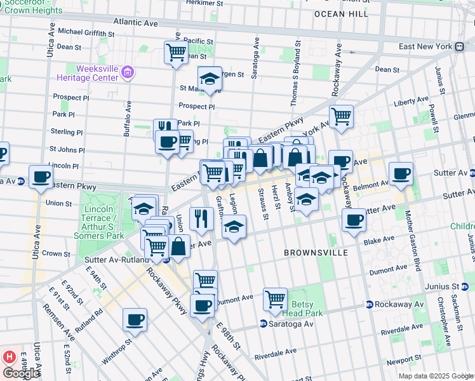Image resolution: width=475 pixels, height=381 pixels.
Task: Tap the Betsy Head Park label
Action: pyautogui.click(x=307, y=309)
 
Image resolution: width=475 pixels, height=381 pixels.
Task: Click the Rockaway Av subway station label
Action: pyautogui.click(x=398, y=305)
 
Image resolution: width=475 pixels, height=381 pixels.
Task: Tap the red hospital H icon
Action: pyautogui.click(x=9, y=357)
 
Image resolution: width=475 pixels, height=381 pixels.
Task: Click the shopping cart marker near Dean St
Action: pyautogui.click(x=176, y=52)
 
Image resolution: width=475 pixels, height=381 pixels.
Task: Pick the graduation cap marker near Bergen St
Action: pyautogui.click(x=210, y=79)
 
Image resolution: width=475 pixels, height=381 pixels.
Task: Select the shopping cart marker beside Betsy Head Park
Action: pyautogui.click(x=275, y=298)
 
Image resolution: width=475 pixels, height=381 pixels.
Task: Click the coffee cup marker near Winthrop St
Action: pyautogui.click(x=135, y=319)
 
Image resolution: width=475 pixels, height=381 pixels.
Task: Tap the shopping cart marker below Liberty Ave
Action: pyautogui.click(x=342, y=116)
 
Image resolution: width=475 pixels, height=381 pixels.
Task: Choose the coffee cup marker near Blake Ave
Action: pyautogui.click(x=354, y=220)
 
